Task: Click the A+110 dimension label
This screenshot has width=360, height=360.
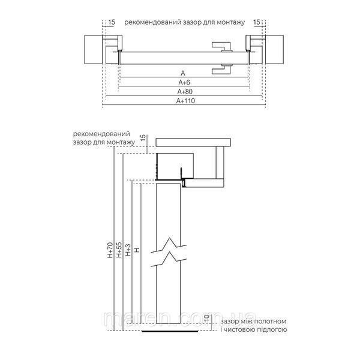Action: coord(185,101)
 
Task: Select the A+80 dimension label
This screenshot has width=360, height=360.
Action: coord(185,92)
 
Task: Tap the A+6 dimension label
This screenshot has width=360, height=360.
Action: coord(184,82)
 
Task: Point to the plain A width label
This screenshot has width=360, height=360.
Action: coord(183,73)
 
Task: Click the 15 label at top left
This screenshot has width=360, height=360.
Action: coord(112,22)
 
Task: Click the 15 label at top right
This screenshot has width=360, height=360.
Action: coord(257,22)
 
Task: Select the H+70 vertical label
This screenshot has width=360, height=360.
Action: coord(110,250)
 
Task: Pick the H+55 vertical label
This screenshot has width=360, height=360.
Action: coord(119,250)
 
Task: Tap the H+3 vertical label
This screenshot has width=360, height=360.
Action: coord(128,250)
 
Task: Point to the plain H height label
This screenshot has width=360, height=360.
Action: coord(137,250)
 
